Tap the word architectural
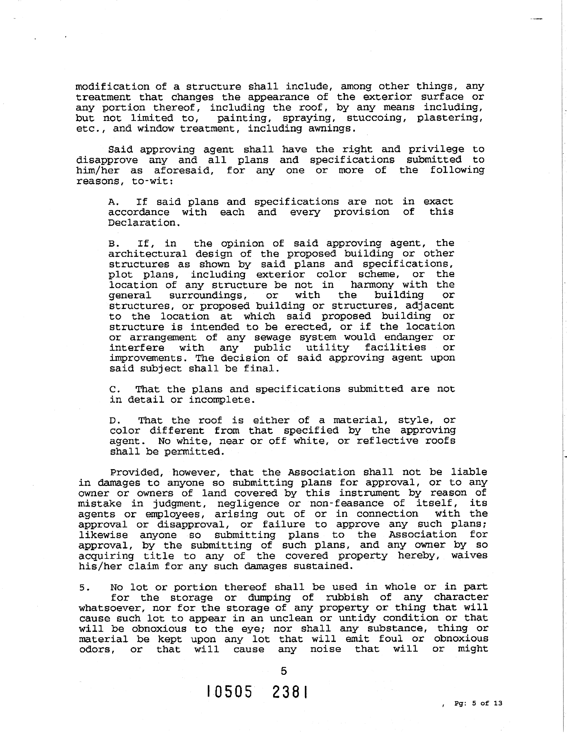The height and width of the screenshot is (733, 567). [147, 254]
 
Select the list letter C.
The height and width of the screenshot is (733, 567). [113, 389]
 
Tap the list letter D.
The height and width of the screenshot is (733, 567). [113, 421]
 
